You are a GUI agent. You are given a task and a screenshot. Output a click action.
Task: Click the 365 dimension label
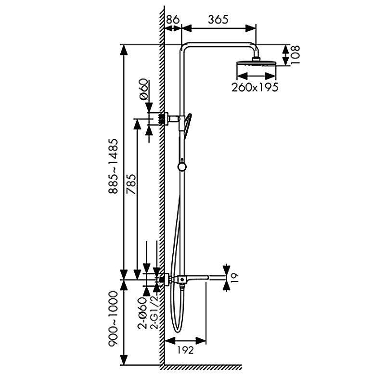(218, 20)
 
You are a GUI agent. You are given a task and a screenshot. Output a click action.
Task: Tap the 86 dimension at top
(173, 20)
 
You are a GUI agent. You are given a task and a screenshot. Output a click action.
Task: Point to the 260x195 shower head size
(255, 87)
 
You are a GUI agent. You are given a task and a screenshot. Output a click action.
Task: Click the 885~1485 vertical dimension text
(114, 166)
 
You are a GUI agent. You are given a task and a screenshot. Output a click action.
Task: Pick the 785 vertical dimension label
(131, 184)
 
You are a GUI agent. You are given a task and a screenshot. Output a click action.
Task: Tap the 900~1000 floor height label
(113, 319)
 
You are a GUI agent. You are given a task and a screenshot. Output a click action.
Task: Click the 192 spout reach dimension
(185, 350)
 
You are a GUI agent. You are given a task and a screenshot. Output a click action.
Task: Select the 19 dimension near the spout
(235, 278)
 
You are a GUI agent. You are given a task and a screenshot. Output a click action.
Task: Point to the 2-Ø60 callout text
(142, 313)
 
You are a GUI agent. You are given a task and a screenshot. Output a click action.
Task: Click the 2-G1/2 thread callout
(154, 312)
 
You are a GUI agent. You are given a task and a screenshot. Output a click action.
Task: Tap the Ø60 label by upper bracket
(144, 89)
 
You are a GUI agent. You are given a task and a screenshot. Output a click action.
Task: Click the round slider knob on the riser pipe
(182, 167)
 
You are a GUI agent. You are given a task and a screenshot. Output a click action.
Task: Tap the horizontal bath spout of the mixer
(196, 278)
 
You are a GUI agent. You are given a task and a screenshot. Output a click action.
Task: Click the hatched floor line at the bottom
(201, 368)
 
